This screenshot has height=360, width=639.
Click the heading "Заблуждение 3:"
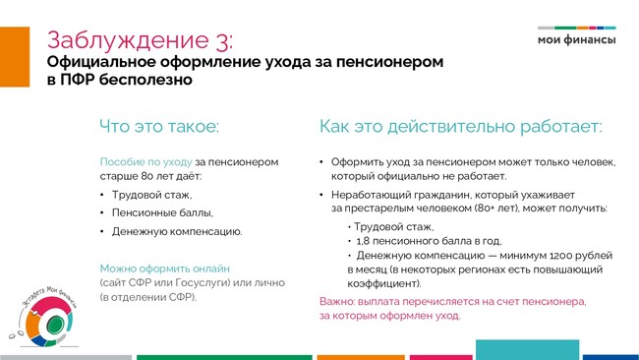tap(141, 40)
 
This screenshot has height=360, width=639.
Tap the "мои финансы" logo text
tap(577, 40)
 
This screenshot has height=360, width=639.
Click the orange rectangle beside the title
tap(15, 57)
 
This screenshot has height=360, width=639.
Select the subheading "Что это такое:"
tap(159, 126)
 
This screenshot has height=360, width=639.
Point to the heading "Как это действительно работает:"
tap(460, 126)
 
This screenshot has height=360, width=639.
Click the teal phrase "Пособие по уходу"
tap(145, 162)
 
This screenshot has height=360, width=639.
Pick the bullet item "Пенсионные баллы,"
tap(162, 212)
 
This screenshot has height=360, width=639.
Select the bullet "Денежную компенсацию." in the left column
tap(177, 231)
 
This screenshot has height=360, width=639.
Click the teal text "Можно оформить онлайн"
tap(165, 269)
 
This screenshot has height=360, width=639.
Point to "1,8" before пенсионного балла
tap(363, 241)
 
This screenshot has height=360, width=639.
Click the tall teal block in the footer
tap(527, 350)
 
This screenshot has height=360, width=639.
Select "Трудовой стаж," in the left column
tap(152, 195)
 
